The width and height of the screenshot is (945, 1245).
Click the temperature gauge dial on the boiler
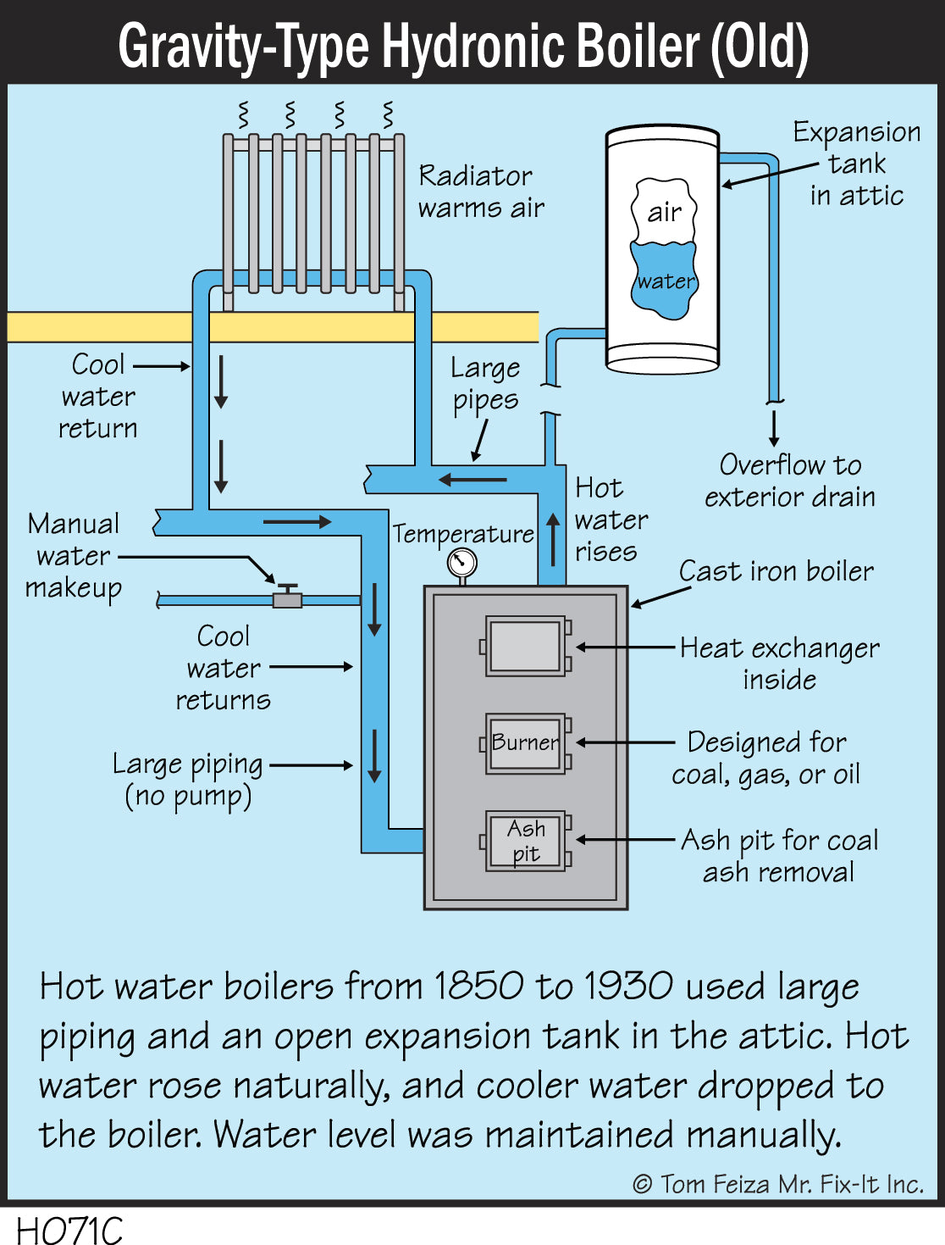coord(462,562)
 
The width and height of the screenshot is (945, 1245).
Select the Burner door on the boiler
coord(525,743)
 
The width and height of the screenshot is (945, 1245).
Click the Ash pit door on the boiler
coord(525,841)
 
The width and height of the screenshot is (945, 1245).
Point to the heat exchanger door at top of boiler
coord(525,646)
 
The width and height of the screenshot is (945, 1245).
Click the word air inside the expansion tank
coord(665,212)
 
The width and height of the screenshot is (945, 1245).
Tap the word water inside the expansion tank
coord(666,281)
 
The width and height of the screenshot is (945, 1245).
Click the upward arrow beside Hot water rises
coord(553,539)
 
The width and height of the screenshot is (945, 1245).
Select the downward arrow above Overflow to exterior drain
coord(774,428)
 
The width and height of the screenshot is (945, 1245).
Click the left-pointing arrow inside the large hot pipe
coord(472,481)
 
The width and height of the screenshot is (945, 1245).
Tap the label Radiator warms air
coord(481,192)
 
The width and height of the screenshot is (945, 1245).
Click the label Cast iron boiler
coord(776,571)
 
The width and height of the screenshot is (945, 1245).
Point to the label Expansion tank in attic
coord(856,164)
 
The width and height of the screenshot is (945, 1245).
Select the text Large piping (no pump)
coord(188,780)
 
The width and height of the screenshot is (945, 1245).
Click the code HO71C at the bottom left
coord(69,1230)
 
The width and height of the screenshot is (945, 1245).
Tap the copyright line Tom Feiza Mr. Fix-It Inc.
coord(778,1184)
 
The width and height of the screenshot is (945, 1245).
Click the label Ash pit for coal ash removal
coord(779,856)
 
